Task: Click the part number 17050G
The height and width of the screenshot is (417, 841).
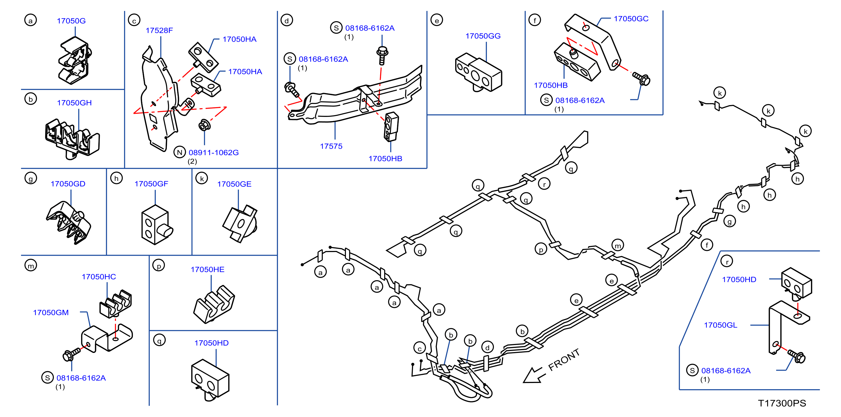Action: pos(71,21)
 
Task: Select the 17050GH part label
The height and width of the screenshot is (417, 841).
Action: pos(74,103)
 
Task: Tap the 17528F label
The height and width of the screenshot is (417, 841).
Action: pos(159,30)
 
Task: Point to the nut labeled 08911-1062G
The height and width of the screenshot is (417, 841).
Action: pos(204,125)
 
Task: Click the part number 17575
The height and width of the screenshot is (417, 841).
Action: pos(331,146)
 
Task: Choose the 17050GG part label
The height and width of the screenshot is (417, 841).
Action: pos(483,36)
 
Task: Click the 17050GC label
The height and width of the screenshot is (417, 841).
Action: pos(631,19)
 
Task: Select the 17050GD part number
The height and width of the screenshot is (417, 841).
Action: pos(68,184)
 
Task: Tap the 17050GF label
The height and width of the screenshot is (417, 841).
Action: pos(151,184)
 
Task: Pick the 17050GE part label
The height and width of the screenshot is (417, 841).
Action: pos(234,184)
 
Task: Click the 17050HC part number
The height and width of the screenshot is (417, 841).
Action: pos(99,277)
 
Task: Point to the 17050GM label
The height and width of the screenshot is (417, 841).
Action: pos(51,313)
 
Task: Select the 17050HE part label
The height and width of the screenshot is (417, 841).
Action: pos(207,269)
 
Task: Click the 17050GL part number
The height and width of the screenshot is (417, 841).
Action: pos(720,325)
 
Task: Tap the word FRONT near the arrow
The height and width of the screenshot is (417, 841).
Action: pos(564,359)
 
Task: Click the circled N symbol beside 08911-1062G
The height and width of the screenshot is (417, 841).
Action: pos(179,152)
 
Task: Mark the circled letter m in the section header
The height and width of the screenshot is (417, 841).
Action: pos(31,265)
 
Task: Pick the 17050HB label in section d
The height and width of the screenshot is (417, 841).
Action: pos(385,159)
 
